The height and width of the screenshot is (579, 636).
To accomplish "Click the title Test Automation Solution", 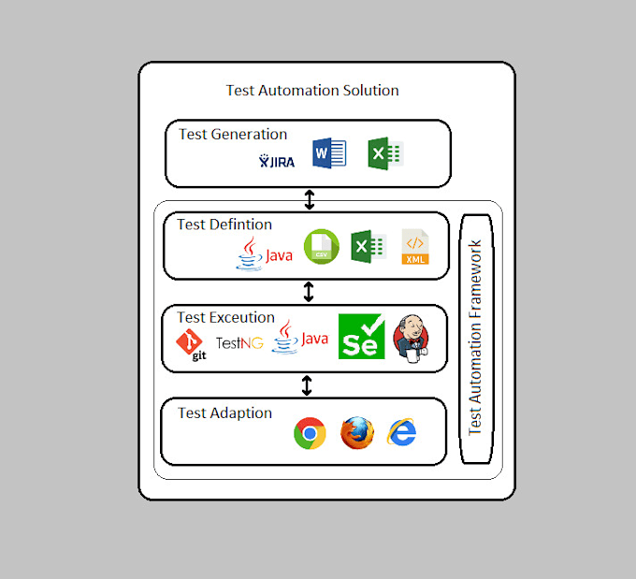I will coord(312,91).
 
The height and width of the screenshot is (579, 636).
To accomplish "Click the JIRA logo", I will coord(277,161).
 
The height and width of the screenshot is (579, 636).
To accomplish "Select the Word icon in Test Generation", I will coord(329,153).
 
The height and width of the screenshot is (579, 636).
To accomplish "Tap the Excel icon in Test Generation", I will coord(384,153).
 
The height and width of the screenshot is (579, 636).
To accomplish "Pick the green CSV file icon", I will coord(321,247).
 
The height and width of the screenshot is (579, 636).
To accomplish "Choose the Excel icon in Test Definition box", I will coord(368,247).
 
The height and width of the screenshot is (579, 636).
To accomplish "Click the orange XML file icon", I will coord(415,247).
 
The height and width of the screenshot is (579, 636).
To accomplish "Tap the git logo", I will coord(191,345).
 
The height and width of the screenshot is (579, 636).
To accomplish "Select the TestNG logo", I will coord(239,343).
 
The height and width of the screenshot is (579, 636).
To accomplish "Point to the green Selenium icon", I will coord(361,337).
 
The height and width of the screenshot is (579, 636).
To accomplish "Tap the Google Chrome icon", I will coord(310,434).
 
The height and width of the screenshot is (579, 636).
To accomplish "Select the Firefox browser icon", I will coord(356,433).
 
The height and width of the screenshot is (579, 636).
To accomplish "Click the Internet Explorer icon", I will coord(402,432).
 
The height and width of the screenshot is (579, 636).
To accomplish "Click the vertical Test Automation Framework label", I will coord(475,337).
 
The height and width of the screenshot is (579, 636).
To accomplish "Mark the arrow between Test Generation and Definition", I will coord(310,199).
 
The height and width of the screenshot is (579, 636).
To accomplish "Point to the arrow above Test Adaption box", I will coord(307,384).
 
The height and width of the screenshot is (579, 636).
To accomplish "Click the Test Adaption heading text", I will coord(225,413).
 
